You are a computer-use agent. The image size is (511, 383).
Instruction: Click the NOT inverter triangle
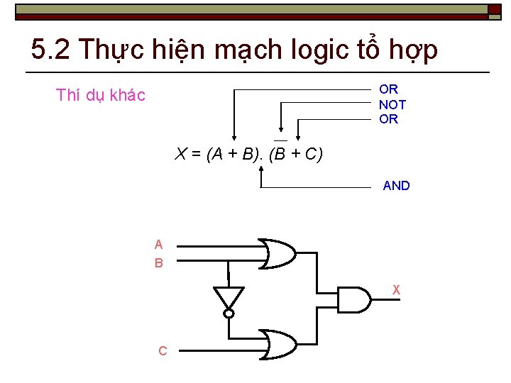[x=229, y=297]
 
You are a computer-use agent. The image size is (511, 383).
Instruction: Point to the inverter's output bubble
[x=229, y=313]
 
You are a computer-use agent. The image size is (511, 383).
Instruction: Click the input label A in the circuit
[x=159, y=245]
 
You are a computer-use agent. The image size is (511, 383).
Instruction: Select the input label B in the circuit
[x=159, y=263]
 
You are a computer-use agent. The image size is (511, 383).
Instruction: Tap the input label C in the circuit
[x=163, y=351]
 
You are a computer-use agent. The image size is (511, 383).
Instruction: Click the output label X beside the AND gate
[x=397, y=289]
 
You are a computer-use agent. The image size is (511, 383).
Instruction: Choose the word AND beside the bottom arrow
[x=396, y=186]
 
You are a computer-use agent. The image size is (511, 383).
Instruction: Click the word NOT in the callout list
[x=392, y=104]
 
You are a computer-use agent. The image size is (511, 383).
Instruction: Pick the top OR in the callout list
[x=389, y=89]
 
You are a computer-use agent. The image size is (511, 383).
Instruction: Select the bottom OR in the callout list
[x=389, y=119]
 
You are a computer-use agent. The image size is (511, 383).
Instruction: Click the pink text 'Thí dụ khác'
[x=101, y=95]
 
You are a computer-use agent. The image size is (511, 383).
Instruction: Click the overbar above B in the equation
[x=280, y=140]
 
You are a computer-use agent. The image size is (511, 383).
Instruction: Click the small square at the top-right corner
[x=494, y=9]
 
